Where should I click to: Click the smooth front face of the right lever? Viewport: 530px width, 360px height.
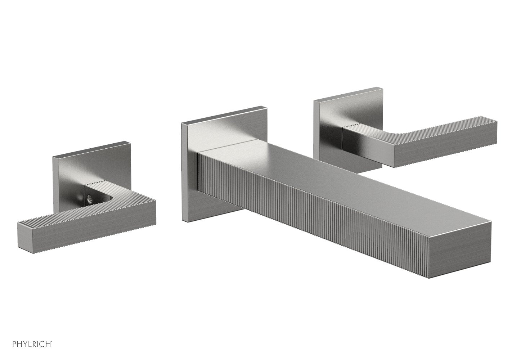443,153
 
